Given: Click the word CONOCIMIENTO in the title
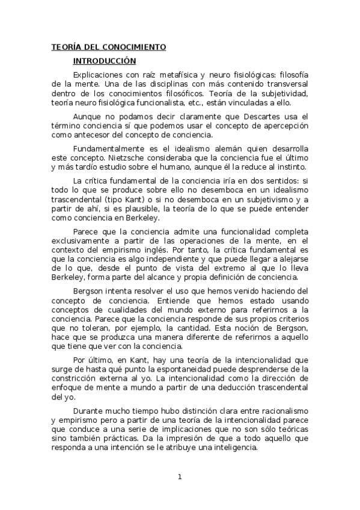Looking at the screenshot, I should [x=136, y=47].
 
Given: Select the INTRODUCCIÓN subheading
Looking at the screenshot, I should [x=105, y=61].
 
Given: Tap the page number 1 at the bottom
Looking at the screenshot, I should [x=179, y=478].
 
